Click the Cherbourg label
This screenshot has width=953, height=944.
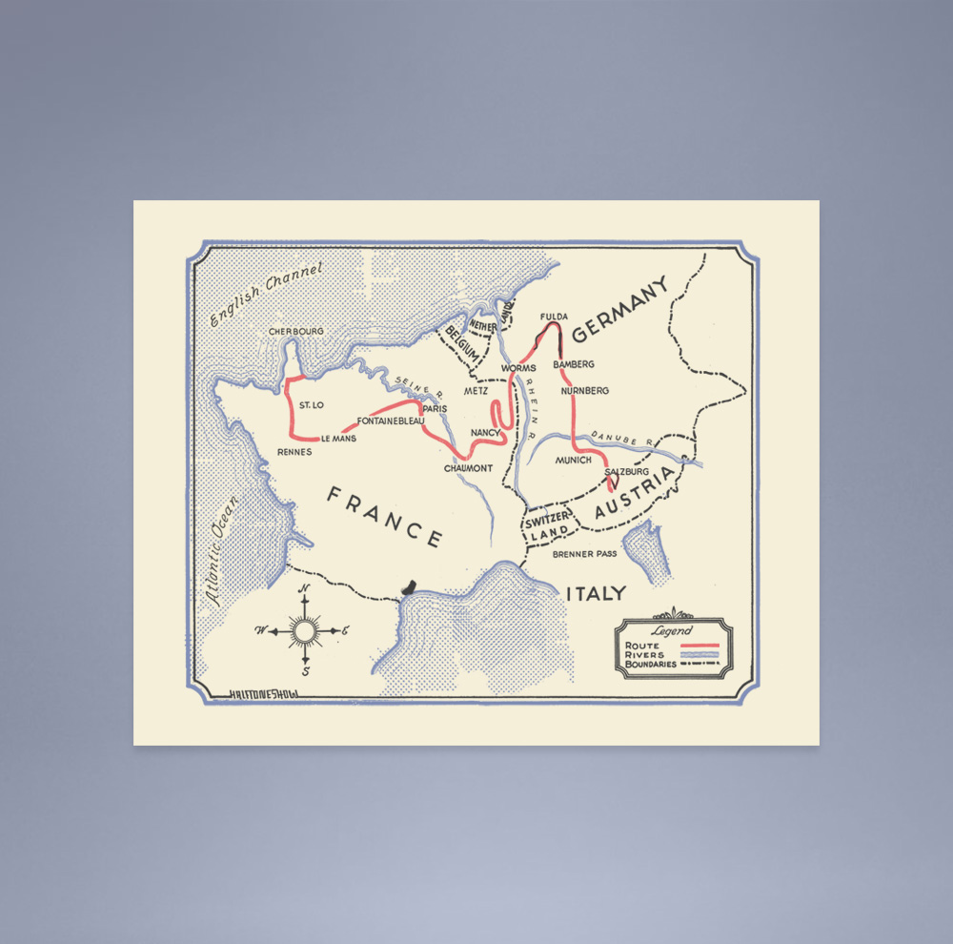click(x=296, y=331)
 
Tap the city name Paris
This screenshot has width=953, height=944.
click(x=435, y=408)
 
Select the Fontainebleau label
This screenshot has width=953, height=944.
click(x=391, y=421)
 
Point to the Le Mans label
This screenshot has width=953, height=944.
click(x=337, y=439)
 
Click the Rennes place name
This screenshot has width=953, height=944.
click(x=294, y=451)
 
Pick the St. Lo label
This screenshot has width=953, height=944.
click(x=312, y=405)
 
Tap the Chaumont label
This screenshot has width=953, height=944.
click(x=468, y=468)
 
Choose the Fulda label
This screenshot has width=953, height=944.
click(x=554, y=317)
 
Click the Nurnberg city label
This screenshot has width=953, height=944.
click(x=584, y=391)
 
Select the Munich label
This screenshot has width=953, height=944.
click(x=574, y=460)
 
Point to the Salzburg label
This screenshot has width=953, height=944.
click(x=626, y=471)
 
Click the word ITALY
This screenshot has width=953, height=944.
click(x=597, y=593)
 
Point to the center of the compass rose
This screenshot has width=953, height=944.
click(x=305, y=630)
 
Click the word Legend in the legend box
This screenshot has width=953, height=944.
click(x=673, y=631)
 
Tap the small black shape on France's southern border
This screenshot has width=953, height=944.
click(x=411, y=586)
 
